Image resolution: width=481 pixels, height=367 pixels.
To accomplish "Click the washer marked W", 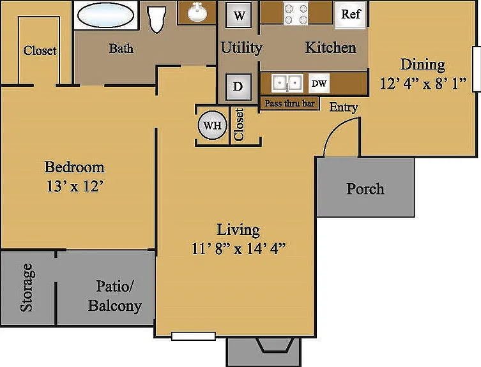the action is (239, 15).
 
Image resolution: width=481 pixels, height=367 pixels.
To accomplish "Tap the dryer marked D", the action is (238, 87).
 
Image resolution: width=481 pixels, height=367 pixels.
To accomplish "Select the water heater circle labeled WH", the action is (212, 125).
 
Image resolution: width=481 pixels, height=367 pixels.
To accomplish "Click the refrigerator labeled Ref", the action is (351, 15).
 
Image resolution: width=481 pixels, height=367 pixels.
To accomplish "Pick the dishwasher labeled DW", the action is (319, 84).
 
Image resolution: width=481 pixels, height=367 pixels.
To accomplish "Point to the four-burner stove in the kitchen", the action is (296, 13).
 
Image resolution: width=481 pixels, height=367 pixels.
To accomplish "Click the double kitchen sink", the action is (287, 83).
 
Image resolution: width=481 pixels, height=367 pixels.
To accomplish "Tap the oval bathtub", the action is (105, 15).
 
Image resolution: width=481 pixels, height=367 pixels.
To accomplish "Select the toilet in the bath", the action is (157, 18).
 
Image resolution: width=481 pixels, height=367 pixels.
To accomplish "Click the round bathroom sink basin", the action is (196, 13).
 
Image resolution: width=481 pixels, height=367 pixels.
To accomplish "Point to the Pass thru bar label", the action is (289, 103).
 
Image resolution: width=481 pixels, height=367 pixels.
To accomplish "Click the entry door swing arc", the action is (337, 128).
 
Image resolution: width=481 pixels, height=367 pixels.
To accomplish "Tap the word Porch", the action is (365, 189).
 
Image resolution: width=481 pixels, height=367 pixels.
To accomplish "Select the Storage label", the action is (27, 288).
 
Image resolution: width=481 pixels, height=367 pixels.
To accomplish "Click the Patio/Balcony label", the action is (115, 296).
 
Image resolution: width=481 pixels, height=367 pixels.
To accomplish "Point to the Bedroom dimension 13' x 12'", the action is (74, 186).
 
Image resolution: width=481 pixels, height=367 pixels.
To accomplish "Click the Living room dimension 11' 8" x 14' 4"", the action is (239, 248).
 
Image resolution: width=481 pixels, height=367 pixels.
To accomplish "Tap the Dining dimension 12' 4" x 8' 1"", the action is (424, 84).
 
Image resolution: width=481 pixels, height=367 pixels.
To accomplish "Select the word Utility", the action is (241, 49).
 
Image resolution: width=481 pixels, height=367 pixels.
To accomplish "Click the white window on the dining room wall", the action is (477, 69).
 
